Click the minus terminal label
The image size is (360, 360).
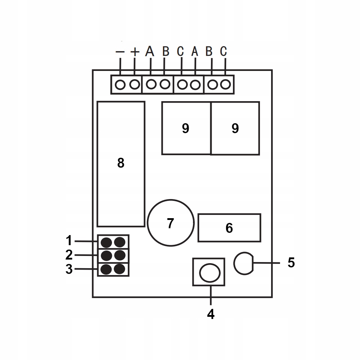click(x=120, y=52)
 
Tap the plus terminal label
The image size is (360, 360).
click(x=135, y=52)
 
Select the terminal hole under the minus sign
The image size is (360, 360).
click(x=121, y=85)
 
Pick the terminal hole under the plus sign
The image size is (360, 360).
click(x=134, y=85)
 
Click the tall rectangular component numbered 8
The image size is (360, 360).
click(x=121, y=164)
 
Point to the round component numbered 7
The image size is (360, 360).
click(x=170, y=221)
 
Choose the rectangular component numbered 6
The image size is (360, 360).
click(x=229, y=228)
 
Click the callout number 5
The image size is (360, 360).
click(x=291, y=262)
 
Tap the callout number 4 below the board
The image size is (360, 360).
click(x=211, y=314)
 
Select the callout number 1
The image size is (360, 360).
click(x=69, y=240)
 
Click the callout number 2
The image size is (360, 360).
click(x=69, y=255)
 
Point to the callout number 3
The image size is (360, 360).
click(x=69, y=269)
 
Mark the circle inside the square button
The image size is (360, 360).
click(x=209, y=273)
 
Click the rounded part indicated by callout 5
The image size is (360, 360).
click(x=243, y=263)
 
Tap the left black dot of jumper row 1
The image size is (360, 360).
click(x=106, y=242)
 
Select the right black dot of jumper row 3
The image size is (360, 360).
click(x=120, y=269)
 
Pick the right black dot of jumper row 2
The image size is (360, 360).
click(x=120, y=255)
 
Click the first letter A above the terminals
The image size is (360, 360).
click(x=150, y=51)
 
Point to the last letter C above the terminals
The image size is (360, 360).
click(x=224, y=51)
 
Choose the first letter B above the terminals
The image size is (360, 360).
click(x=166, y=51)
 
